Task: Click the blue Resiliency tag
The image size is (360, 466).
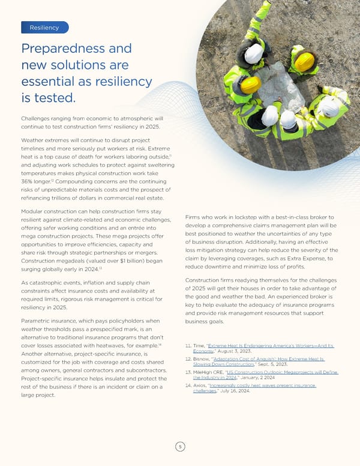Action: click(x=44, y=28)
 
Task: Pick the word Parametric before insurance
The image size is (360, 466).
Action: click(x=42, y=321)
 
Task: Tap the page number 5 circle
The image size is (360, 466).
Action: click(x=179, y=447)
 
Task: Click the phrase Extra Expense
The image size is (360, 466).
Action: click(x=290, y=258)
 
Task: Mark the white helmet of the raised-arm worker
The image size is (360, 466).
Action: click(x=254, y=53)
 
